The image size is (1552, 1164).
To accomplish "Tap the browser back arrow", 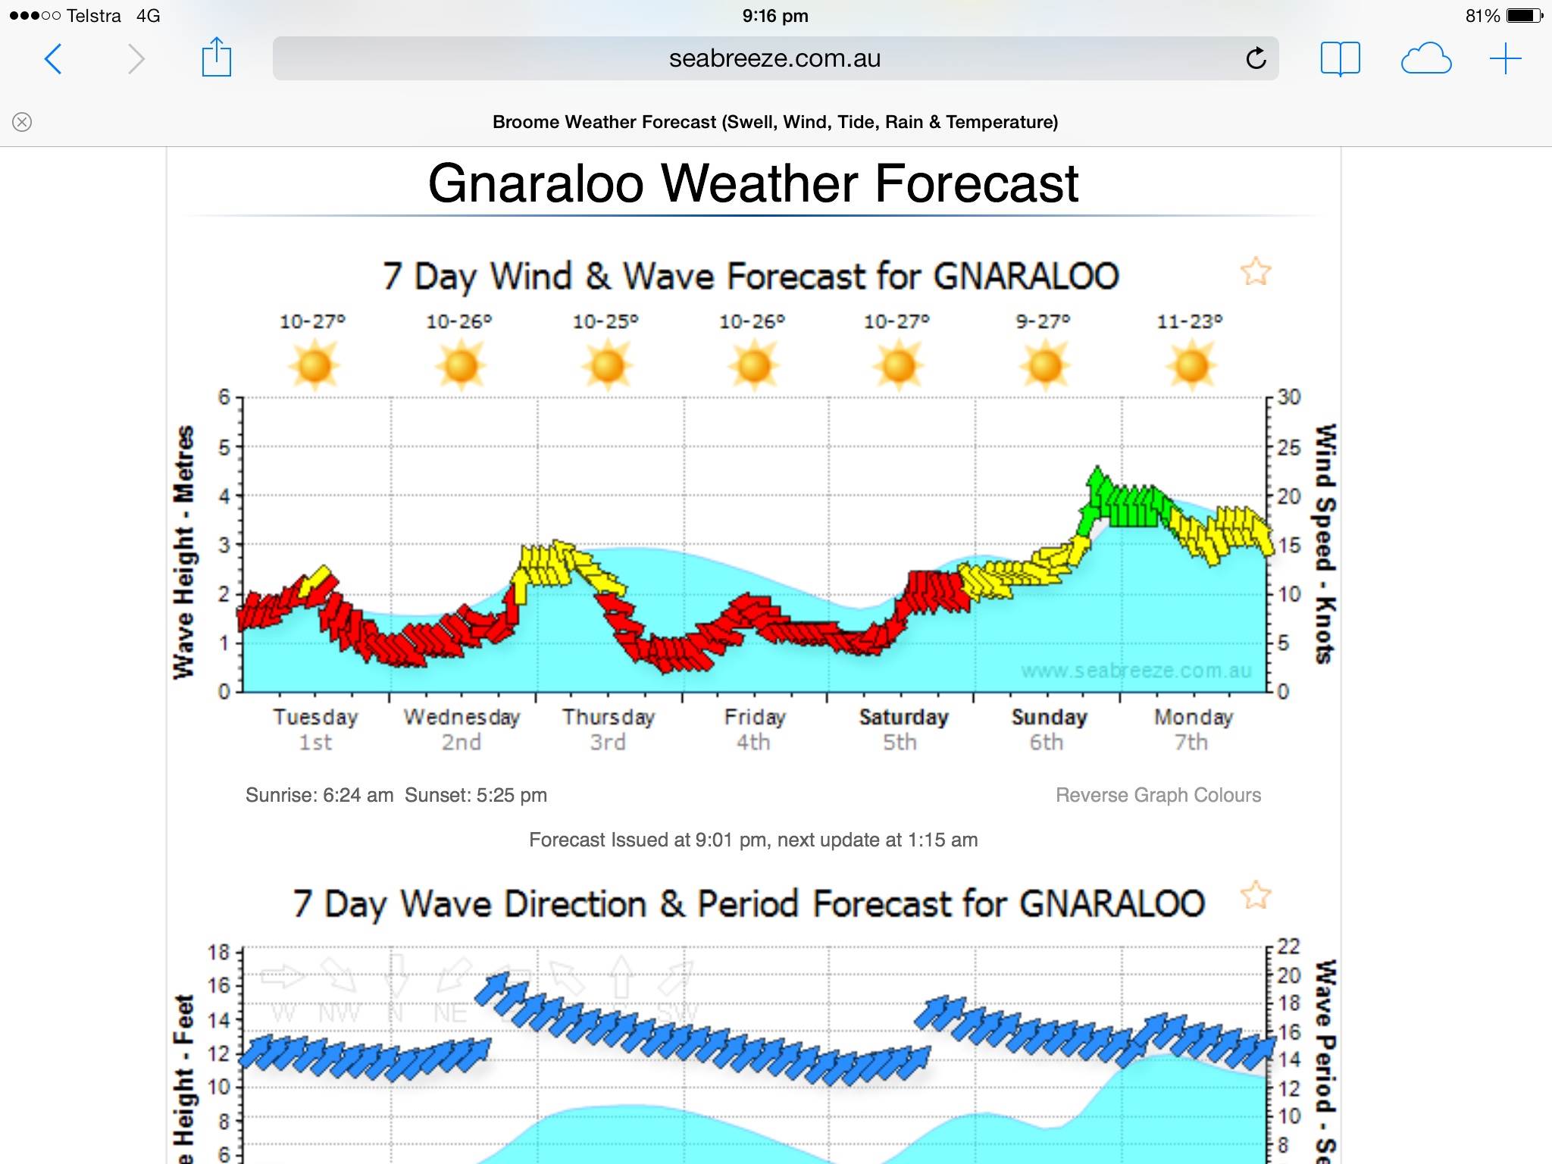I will pyautogui.click(x=53, y=59).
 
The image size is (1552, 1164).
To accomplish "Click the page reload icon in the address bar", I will pyautogui.click(x=1256, y=58).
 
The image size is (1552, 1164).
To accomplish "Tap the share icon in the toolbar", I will pyautogui.click(x=216, y=58).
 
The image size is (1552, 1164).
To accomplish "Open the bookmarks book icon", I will pyautogui.click(x=1340, y=58).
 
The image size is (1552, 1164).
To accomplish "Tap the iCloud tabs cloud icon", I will pyautogui.click(x=1425, y=58).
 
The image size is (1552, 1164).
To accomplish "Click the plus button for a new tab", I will pyautogui.click(x=1505, y=58).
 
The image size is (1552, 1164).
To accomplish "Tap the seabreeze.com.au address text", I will pyautogui.click(x=774, y=58).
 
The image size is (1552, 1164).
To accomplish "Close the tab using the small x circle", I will pyautogui.click(x=22, y=122).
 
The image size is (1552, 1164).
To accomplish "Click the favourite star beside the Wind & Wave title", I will pyautogui.click(x=1255, y=271).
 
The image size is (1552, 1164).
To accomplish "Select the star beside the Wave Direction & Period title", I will pyautogui.click(x=1255, y=895).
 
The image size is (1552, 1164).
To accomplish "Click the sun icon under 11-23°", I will pyautogui.click(x=1191, y=365).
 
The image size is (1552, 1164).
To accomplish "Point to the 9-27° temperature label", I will pyautogui.click(x=1043, y=322).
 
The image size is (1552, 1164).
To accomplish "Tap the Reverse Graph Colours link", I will pyautogui.click(x=1158, y=795).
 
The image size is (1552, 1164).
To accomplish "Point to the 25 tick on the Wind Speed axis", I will pyautogui.click(x=1288, y=447).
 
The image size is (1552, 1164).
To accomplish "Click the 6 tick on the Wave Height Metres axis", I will pyautogui.click(x=224, y=397).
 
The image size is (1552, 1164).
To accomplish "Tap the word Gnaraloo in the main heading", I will pyautogui.click(x=536, y=184).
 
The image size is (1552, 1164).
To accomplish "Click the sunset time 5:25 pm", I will pyautogui.click(x=512, y=795).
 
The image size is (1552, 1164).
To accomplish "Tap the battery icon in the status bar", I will pyautogui.click(x=1523, y=16).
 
